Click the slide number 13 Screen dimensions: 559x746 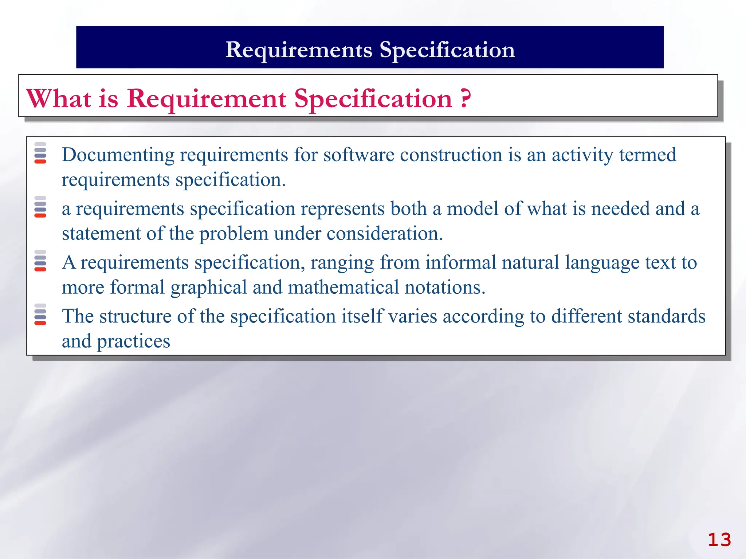point(719,539)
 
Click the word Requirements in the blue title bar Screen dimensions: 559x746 point(299,50)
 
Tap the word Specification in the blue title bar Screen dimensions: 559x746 point(447,50)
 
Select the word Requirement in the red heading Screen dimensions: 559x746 point(207,99)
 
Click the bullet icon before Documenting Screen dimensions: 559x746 point(40,153)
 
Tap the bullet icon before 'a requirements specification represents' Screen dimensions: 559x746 point(40,207)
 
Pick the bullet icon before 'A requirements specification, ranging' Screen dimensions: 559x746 point(40,261)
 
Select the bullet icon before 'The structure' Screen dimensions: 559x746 point(40,314)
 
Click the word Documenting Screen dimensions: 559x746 point(118,155)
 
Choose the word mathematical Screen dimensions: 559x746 point(343,288)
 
